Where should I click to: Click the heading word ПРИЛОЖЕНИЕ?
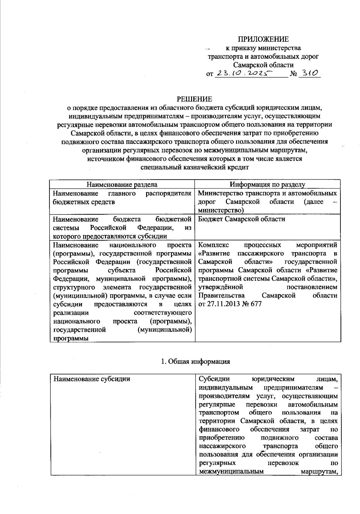pos(263,39)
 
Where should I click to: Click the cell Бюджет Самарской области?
pos(241,219)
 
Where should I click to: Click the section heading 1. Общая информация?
pos(195,361)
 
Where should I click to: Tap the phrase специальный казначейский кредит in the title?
pos(195,167)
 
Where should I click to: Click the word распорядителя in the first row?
pos(168,193)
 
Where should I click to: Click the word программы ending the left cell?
pos(71,339)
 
